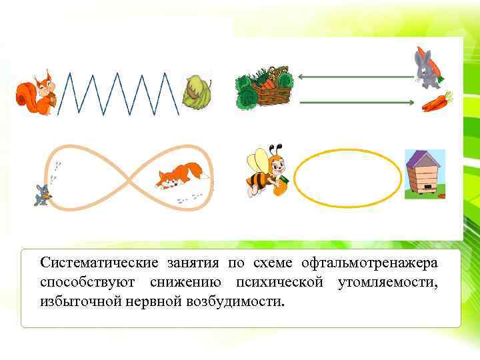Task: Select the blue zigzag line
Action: tap(120, 93)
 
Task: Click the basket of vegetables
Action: tap(265, 89)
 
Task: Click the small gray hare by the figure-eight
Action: tap(42, 194)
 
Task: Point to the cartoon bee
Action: tap(267, 170)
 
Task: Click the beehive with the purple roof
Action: tap(424, 174)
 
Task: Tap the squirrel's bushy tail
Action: tap(26, 94)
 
